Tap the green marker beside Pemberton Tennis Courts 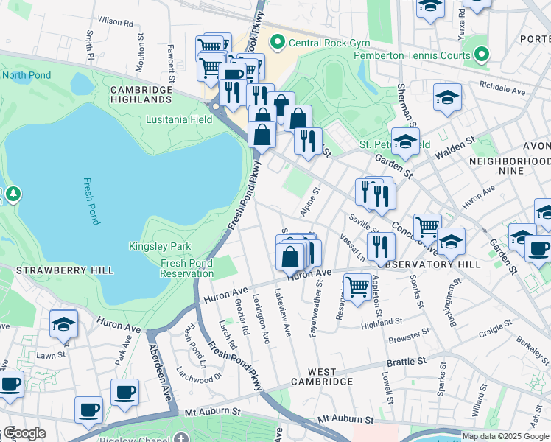pos(482,55)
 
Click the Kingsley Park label pos(160,246)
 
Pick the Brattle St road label pos(407,362)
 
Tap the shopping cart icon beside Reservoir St pos(357,286)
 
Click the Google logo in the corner pos(24,433)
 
